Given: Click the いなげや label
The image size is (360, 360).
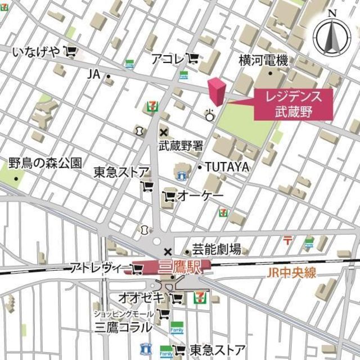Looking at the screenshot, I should click(x=35, y=52).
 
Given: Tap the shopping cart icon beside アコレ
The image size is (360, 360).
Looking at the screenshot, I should click(x=192, y=58).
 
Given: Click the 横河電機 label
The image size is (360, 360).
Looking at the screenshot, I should click(x=263, y=59).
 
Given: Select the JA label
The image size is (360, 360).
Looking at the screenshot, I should click(x=93, y=74).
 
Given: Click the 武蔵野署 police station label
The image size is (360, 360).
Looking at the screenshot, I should click(x=181, y=146).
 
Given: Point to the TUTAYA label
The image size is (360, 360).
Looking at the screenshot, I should click(x=227, y=167).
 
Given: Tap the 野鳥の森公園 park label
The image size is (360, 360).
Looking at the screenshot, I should click(x=45, y=164).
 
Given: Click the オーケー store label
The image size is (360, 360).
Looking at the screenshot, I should click(x=200, y=196).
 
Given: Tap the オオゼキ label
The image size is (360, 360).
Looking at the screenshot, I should click(x=141, y=296).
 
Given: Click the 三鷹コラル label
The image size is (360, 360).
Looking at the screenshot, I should click(x=123, y=327).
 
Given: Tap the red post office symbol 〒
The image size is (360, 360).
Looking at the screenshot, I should click(x=287, y=240).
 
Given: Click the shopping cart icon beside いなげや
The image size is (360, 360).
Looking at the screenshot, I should click(x=70, y=52).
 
